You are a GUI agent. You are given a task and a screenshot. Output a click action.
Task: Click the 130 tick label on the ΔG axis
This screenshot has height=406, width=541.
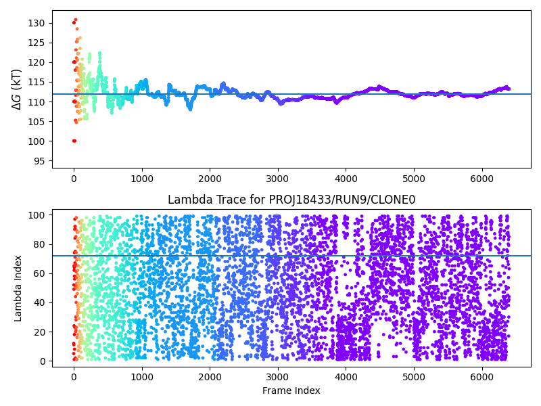[37, 23]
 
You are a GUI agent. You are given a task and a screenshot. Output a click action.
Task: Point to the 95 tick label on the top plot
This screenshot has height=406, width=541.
[39, 161]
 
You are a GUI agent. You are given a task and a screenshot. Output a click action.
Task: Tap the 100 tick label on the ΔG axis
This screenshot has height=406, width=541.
[37, 141]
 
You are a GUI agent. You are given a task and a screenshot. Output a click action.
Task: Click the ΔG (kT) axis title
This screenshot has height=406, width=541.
[17, 89]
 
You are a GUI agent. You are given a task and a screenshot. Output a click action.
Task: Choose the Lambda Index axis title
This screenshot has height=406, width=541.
[18, 288]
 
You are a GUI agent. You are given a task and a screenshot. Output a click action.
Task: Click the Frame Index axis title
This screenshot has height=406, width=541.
[291, 390]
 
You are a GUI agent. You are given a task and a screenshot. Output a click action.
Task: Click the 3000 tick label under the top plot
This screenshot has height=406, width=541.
[278, 179]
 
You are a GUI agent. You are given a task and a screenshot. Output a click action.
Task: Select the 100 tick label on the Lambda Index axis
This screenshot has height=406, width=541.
[37, 215]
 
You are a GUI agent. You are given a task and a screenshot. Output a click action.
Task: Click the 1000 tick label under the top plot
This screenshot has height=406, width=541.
[142, 179]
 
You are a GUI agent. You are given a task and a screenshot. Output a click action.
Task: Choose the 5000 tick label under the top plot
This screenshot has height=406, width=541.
[414, 179]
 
